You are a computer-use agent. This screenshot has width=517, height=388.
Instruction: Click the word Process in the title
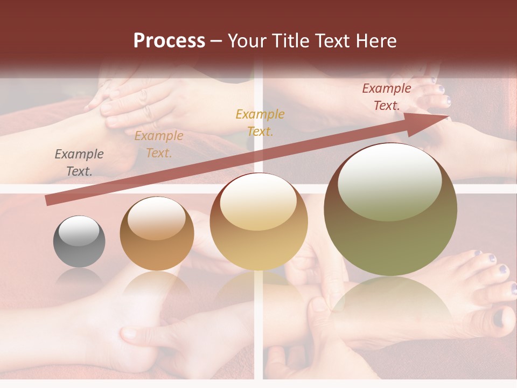(x=169, y=41)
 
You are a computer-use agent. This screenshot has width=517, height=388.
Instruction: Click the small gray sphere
(x=79, y=241)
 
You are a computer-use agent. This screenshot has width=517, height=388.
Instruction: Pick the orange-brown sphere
(x=157, y=233)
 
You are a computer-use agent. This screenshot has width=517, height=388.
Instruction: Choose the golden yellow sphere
(x=259, y=221)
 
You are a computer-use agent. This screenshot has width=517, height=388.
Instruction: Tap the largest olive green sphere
(x=390, y=210)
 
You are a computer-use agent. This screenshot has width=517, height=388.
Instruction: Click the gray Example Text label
(x=79, y=163)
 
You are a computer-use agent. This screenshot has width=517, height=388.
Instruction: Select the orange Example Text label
(x=159, y=144)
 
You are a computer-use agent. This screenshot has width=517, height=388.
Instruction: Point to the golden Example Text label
(x=260, y=122)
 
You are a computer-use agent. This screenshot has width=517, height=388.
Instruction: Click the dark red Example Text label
(x=386, y=97)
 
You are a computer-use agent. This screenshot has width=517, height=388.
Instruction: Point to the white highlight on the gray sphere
(x=79, y=231)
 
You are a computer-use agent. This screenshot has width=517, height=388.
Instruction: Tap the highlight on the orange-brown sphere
(x=157, y=219)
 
